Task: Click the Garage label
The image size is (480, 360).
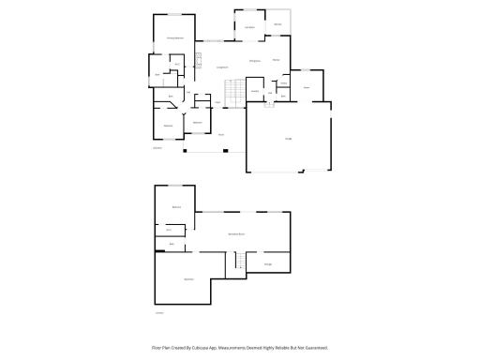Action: [x=288, y=139]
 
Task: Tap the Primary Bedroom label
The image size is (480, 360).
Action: [x=174, y=37]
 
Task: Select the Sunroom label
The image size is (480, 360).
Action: [x=249, y=27]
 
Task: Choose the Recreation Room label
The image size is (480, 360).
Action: [x=236, y=233]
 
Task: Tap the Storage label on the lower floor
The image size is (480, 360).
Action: [x=268, y=264]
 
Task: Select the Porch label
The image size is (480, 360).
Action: [x=221, y=135]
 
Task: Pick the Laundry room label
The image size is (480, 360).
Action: [x=254, y=91]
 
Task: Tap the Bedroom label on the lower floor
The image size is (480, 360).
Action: [x=175, y=206]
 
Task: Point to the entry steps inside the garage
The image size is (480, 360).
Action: [x=269, y=104]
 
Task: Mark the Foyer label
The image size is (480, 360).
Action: [x=217, y=101]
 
